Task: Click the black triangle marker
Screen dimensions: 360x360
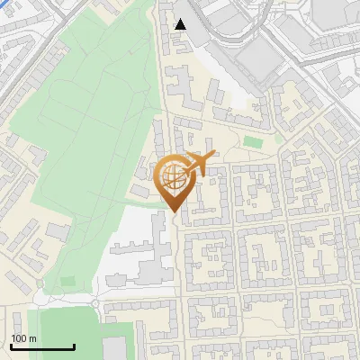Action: click(x=181, y=24)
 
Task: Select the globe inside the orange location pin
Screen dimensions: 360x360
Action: click(x=173, y=175)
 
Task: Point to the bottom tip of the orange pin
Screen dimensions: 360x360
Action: click(x=175, y=212)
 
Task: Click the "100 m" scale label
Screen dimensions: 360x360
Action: click(x=23, y=338)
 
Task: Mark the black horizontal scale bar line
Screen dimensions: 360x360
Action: click(x=41, y=346)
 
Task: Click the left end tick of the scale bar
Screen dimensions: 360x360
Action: click(x=10, y=345)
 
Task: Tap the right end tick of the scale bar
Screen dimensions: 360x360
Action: click(x=74, y=345)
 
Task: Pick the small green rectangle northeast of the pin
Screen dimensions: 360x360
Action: click(x=254, y=142)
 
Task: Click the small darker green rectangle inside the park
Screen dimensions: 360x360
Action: click(x=67, y=282)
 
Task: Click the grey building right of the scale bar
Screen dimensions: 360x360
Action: click(x=114, y=349)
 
